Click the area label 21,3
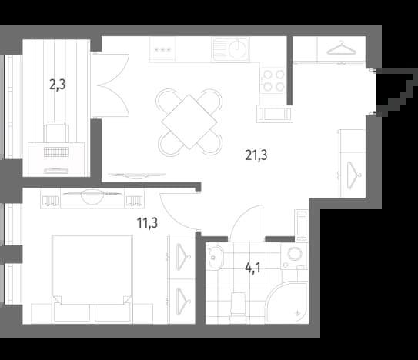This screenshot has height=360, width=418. point(256,155)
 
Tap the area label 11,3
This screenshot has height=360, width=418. point(147,223)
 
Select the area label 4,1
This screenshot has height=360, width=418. point(252,268)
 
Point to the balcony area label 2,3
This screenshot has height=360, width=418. point(57,85)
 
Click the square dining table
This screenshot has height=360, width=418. point(189,122)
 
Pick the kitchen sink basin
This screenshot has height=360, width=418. point(239,48)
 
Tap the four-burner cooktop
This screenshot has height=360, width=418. point(273,81)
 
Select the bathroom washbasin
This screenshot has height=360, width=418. point(216,257)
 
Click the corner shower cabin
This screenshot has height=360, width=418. point(287,302)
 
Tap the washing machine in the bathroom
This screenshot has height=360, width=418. point(294,256)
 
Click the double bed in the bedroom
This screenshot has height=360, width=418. point(92,278)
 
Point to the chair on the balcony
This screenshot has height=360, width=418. point(56,132)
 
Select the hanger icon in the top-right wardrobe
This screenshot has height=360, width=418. point(342,48)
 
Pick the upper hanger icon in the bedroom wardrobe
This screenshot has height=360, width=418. point(183,257)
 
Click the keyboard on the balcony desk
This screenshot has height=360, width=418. point(56,152)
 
